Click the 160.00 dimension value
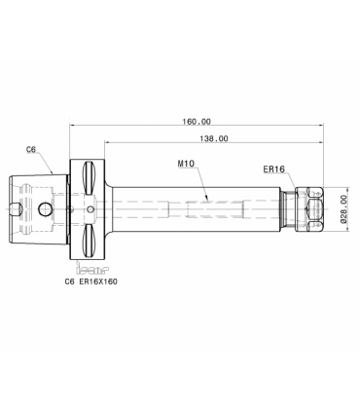(197, 122)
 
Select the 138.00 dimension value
(214, 139)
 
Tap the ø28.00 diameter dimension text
(342, 208)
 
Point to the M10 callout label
(186, 164)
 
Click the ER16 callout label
(273, 169)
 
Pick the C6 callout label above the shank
(31, 150)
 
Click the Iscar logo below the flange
(92, 268)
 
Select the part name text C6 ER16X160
(91, 281)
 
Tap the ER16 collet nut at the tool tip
(309, 209)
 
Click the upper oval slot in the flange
(89, 177)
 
